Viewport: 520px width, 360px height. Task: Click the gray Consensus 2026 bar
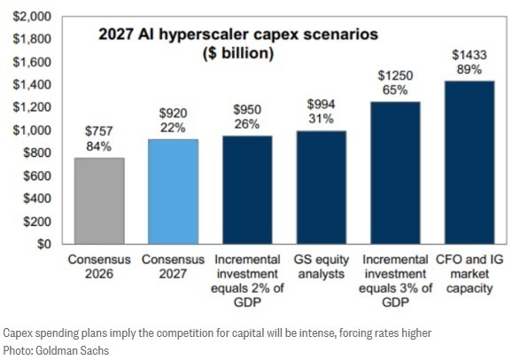tap(99, 201)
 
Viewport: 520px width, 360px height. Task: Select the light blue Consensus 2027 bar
tap(173, 192)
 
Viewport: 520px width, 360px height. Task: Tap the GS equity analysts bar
tap(322, 187)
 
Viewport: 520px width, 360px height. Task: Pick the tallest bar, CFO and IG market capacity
tap(470, 162)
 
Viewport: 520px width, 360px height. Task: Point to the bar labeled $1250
tap(395, 173)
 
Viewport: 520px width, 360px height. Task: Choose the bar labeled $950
tap(247, 190)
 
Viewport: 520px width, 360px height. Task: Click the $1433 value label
tap(470, 55)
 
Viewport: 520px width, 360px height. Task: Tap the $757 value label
tap(99, 131)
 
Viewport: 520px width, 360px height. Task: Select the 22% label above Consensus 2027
tap(173, 128)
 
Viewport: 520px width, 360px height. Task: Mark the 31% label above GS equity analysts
tap(321, 119)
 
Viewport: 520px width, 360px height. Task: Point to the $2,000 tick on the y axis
tap(32, 16)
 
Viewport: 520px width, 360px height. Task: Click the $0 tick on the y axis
tap(44, 244)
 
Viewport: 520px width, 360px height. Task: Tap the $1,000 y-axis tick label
tap(32, 130)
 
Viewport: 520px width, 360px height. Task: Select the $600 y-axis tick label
tap(37, 176)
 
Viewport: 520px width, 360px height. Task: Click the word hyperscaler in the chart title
tap(205, 35)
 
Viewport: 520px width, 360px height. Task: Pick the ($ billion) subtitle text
tap(238, 53)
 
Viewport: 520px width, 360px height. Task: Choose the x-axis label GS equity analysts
tap(322, 267)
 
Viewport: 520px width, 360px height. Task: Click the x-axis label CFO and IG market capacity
tap(470, 274)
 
